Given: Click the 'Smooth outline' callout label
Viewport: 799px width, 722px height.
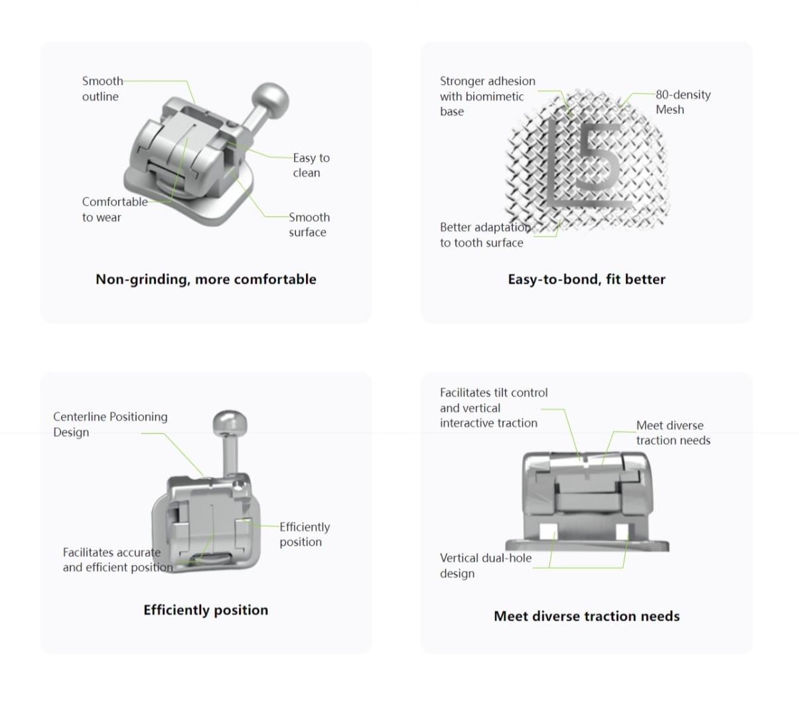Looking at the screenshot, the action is coord(102,89).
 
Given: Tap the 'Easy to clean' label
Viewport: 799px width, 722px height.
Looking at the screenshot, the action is coord(311,165).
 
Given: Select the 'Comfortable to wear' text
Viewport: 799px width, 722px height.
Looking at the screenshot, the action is coord(115,210).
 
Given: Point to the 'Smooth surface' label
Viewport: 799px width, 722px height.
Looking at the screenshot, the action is coord(309,225).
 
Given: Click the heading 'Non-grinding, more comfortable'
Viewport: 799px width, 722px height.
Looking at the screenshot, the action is coord(206,279).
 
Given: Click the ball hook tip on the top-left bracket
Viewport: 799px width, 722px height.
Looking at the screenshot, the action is coord(271,98).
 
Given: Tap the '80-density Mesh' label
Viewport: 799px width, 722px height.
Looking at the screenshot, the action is coord(683,102).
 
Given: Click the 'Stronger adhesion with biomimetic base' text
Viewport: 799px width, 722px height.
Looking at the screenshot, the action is coord(488,96).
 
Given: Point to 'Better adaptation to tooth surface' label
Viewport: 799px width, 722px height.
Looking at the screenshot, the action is coord(485,235).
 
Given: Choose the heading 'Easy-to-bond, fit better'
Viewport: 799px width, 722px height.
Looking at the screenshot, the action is coord(586,279).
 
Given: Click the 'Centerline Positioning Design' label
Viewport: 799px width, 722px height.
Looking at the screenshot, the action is coord(110,424).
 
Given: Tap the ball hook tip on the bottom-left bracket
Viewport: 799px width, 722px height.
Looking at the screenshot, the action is coord(230,422).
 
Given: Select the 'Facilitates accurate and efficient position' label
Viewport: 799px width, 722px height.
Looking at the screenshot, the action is coord(118,560).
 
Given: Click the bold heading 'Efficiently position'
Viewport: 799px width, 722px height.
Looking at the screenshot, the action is coord(206,610).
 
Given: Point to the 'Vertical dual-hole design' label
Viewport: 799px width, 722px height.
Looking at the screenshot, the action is coord(486,566).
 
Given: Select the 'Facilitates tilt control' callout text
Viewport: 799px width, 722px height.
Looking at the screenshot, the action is coord(494,393).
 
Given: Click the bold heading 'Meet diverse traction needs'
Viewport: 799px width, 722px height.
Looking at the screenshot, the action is coord(587,616).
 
